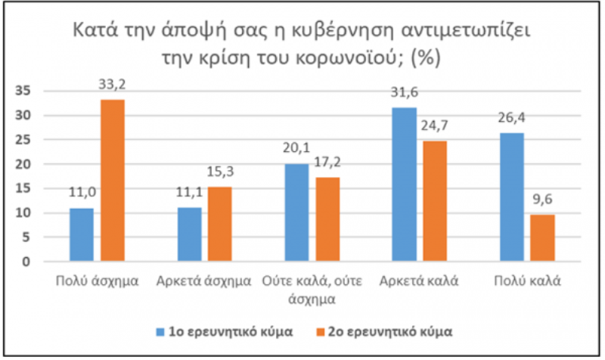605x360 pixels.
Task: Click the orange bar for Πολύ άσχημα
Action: (x=113, y=181)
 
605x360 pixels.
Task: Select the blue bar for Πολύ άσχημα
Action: (x=82, y=235)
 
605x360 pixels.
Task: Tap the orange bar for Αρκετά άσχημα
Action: (x=220, y=225)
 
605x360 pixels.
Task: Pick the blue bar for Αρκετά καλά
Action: (x=405, y=185)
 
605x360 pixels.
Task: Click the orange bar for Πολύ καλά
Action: (x=542, y=238)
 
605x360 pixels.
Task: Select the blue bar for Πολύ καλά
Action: (x=512, y=197)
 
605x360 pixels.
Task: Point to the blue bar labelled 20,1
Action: (x=296, y=213)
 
